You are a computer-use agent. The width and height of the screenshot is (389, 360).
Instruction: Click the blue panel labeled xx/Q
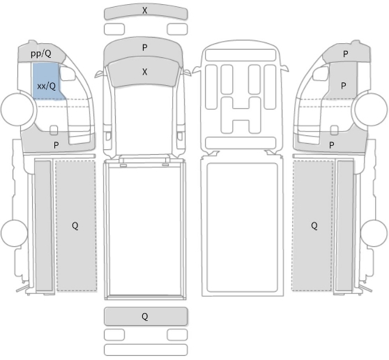point(47,82)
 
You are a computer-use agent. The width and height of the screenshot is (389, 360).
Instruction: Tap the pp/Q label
point(41,54)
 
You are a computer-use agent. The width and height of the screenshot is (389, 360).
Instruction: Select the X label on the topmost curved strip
point(145,10)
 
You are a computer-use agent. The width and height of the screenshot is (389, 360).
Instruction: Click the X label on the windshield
point(145,72)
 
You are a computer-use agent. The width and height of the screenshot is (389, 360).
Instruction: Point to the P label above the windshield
point(145,47)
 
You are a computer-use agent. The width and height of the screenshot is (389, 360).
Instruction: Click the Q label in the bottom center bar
point(145,316)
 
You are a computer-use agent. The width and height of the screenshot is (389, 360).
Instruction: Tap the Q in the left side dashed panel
point(75,225)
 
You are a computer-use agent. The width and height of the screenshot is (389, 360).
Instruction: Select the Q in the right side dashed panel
point(314,225)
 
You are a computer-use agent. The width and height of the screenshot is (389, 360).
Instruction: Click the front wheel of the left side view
point(17,109)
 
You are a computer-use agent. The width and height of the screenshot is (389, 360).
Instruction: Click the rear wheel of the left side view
point(14,233)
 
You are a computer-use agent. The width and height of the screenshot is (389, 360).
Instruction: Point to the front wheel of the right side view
point(371,109)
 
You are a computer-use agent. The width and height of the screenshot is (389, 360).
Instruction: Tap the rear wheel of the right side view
point(374,233)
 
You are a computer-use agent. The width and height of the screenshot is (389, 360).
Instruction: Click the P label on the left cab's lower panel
point(56,145)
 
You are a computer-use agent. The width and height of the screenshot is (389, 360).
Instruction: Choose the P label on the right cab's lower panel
point(331,145)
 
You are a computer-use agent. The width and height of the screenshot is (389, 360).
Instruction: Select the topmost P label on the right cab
point(346,54)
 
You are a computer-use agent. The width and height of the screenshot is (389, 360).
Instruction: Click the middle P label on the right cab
point(344,86)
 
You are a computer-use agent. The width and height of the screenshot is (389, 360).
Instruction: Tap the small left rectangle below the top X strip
point(114,29)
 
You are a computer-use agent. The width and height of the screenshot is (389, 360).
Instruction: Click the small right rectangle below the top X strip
point(177,29)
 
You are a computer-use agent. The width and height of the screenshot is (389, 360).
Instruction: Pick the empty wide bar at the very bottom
point(146,350)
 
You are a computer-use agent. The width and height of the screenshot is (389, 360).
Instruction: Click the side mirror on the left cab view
point(68,73)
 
